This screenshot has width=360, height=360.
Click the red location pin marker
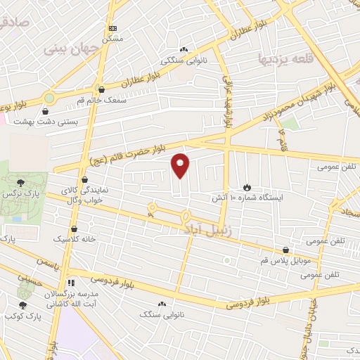pyautogui.click(x=181, y=165)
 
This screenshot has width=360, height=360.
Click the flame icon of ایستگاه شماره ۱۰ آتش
pyautogui.click(x=247, y=186)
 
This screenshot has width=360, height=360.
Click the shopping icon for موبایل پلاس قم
pyautogui.click(x=285, y=250)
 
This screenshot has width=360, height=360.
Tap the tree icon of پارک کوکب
pyautogui.click(x=22, y=305)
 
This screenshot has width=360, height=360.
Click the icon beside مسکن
pyautogui.click(x=112, y=28)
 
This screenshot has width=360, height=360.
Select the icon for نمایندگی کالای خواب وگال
pyautogui.click(x=84, y=179)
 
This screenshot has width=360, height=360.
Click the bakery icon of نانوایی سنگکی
pyautogui.click(x=184, y=49)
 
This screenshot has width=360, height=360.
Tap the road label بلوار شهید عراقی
pyautogui.click(x=226, y=98)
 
